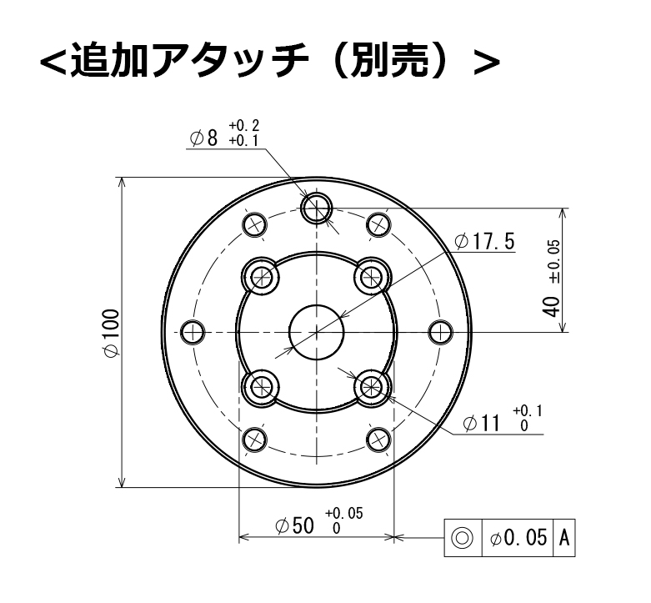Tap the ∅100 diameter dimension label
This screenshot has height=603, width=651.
coord(109,333)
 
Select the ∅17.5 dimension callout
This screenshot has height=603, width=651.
coord(485,242)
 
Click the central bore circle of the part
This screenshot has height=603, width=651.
coord(316,332)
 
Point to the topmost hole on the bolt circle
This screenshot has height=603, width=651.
coord(316,208)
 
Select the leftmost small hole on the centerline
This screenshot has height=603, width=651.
coord(193,332)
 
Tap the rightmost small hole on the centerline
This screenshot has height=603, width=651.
coord(439,332)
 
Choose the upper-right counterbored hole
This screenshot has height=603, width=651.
coord(370,276)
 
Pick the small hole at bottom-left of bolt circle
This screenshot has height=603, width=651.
coord(253,438)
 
